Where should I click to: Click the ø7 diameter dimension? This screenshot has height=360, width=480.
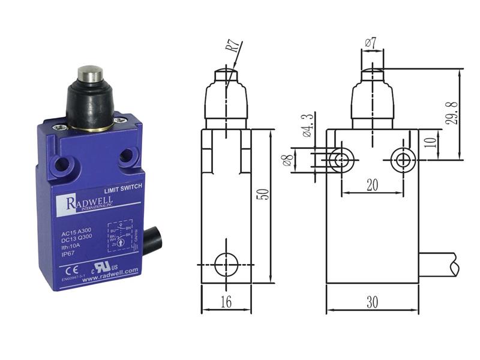[x=370, y=42]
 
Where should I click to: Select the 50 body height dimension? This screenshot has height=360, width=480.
[x=265, y=193]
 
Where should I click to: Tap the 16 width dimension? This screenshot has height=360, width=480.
[x=226, y=302]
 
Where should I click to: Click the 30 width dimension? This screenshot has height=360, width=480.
[x=372, y=302]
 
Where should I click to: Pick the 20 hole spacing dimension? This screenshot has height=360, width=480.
[x=372, y=185]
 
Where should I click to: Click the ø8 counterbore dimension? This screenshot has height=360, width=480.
[x=288, y=160]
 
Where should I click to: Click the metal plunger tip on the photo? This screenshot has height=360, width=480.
[x=88, y=76]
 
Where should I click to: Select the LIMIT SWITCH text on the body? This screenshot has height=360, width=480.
[x=123, y=187]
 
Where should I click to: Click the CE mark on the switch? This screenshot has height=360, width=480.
[x=67, y=269]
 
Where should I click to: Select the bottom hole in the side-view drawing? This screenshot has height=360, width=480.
[x=226, y=263]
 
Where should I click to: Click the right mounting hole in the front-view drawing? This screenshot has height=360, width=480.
[x=401, y=160]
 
